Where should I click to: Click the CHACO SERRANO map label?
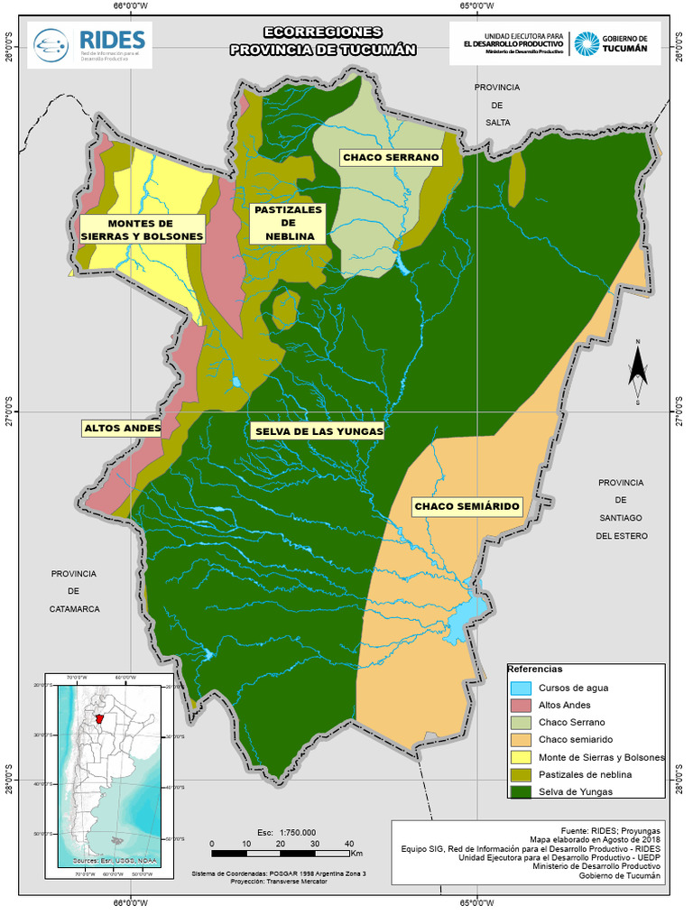pyautogui.click(x=391, y=157)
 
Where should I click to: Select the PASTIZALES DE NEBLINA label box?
pyautogui.click(x=288, y=223)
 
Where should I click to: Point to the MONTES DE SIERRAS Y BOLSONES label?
pyautogui.click(x=142, y=229)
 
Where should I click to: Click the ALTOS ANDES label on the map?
pyautogui.click(x=122, y=428)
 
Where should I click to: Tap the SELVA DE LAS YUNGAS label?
pyautogui.click(x=319, y=431)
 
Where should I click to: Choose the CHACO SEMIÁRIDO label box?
pyautogui.click(x=467, y=507)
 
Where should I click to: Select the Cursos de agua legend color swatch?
pyautogui.click(x=521, y=688)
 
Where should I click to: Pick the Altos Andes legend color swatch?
pyautogui.click(x=521, y=705)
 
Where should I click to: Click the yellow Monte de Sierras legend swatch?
pyautogui.click(x=521, y=757)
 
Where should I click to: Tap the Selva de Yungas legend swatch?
pyautogui.click(x=521, y=791)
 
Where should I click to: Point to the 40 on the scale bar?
pyautogui.click(x=349, y=844)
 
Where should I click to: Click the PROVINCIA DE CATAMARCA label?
pyautogui.click(x=74, y=591)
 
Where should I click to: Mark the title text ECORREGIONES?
pyautogui.click(x=322, y=32)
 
